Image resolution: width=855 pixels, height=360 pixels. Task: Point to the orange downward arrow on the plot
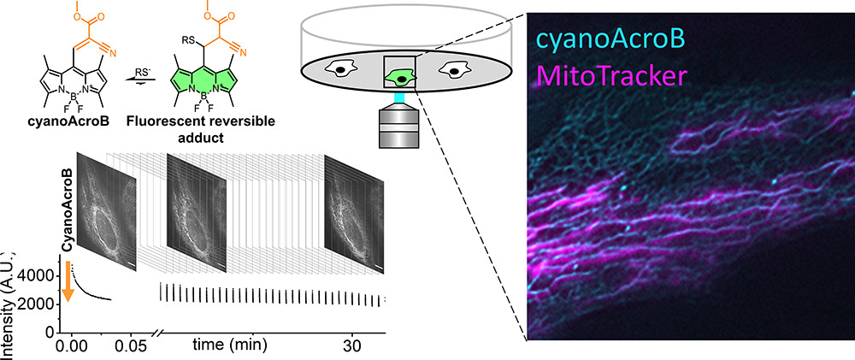(x=69, y=283)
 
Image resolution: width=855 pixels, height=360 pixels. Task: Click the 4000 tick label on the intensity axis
(x=39, y=275)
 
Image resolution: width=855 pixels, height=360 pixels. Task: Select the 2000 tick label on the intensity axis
(x=39, y=304)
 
